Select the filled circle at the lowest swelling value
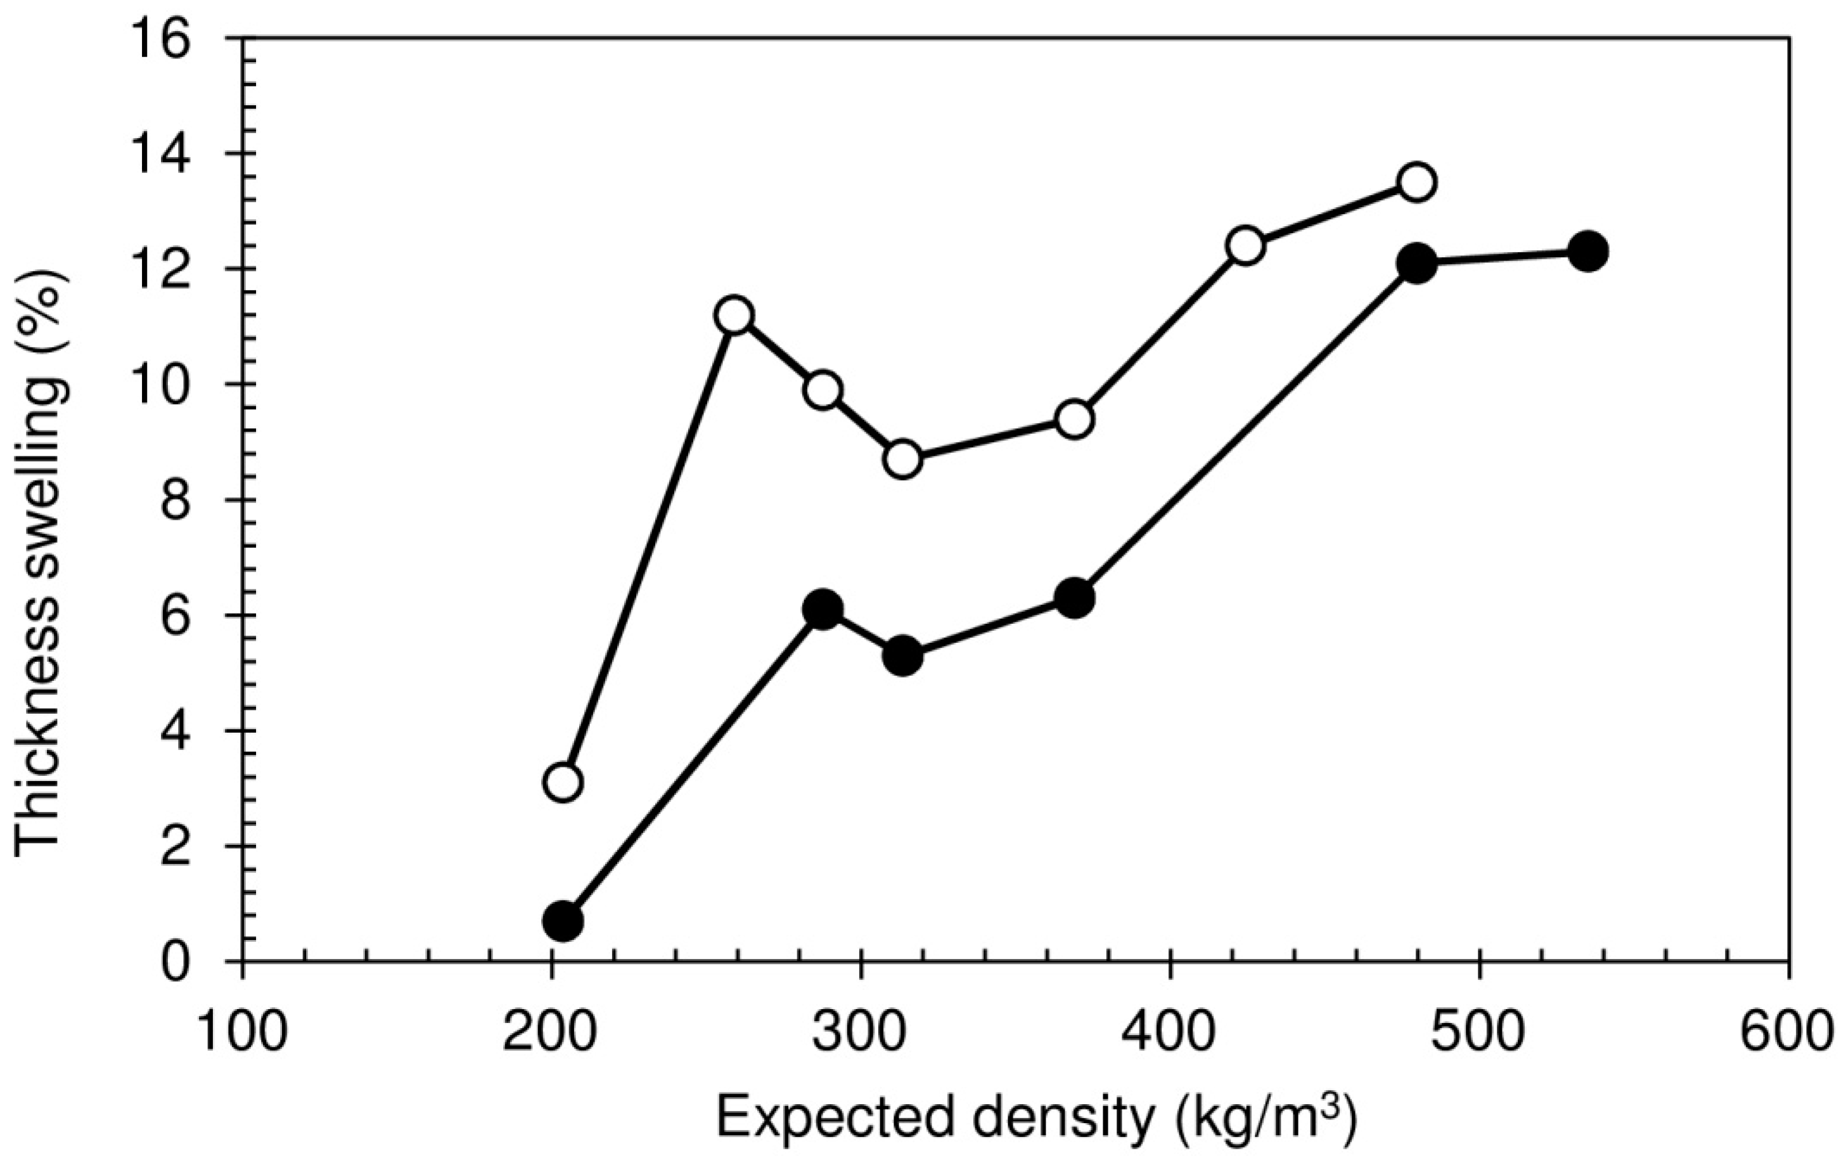563,921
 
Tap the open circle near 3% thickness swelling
563,782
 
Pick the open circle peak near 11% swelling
734,315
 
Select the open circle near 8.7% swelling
904,460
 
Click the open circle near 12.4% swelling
1245,246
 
